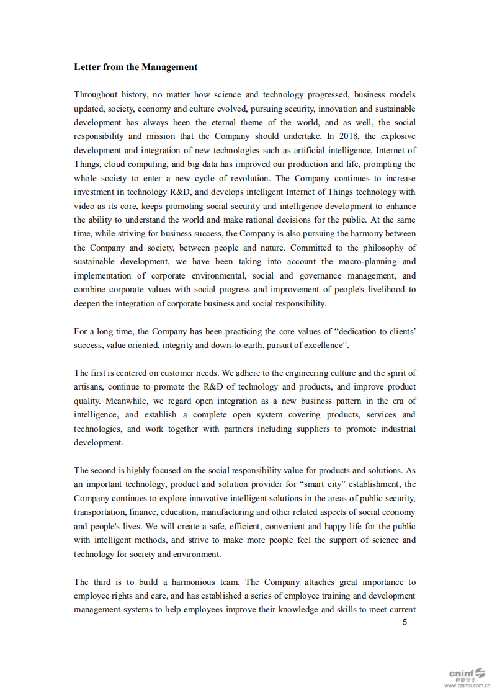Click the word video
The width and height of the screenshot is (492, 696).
click(x=84, y=207)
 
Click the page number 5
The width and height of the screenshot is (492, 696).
click(x=405, y=623)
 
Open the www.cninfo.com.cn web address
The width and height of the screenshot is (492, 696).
click(x=467, y=686)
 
